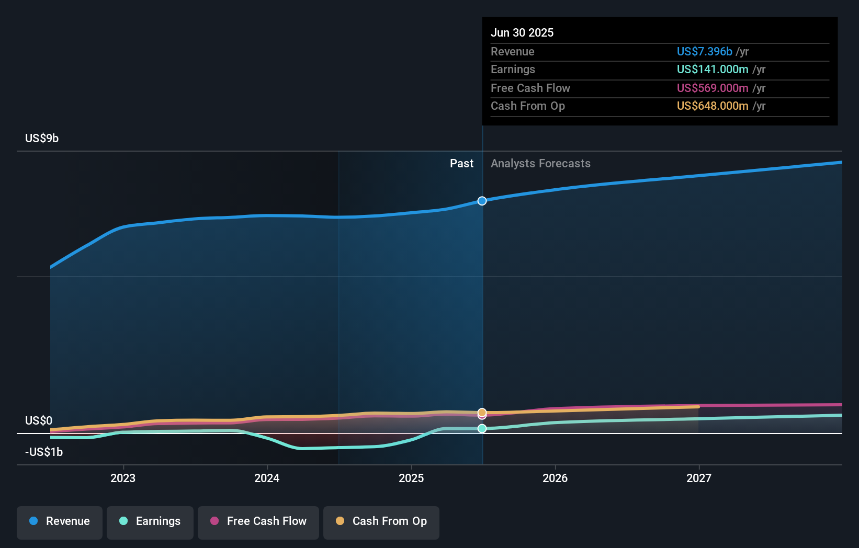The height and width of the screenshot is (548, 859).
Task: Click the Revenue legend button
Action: coord(60,521)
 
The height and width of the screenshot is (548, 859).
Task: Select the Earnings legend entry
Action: coord(150,521)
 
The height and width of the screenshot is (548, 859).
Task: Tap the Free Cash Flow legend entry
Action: coord(258,521)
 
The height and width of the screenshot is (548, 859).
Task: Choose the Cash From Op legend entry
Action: coord(381,521)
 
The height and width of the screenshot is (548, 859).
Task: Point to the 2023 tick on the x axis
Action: coord(123,478)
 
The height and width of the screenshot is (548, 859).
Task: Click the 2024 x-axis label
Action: coord(267,478)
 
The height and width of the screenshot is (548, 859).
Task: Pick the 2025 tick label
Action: coord(411,478)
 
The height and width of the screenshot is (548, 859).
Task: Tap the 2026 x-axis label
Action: coord(555,478)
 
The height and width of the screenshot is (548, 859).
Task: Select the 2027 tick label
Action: coord(699,478)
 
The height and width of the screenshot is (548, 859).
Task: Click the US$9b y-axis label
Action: coord(42,139)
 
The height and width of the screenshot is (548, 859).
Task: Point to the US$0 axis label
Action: coord(39,421)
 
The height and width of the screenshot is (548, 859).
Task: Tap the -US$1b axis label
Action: coord(44,452)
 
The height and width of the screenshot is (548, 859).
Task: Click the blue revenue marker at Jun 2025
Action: coord(482,201)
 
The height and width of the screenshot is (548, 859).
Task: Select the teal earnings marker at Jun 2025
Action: coord(482,429)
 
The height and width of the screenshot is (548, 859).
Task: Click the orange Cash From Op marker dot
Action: coord(482,412)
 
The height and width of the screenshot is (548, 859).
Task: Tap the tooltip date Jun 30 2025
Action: coord(522,32)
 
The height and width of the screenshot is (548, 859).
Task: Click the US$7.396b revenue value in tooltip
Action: coord(704,51)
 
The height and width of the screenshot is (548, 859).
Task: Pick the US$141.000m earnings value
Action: coord(713,70)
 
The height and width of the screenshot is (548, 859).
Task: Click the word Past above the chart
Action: coord(461,164)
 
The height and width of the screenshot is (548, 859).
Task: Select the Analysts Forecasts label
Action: coord(540,164)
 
